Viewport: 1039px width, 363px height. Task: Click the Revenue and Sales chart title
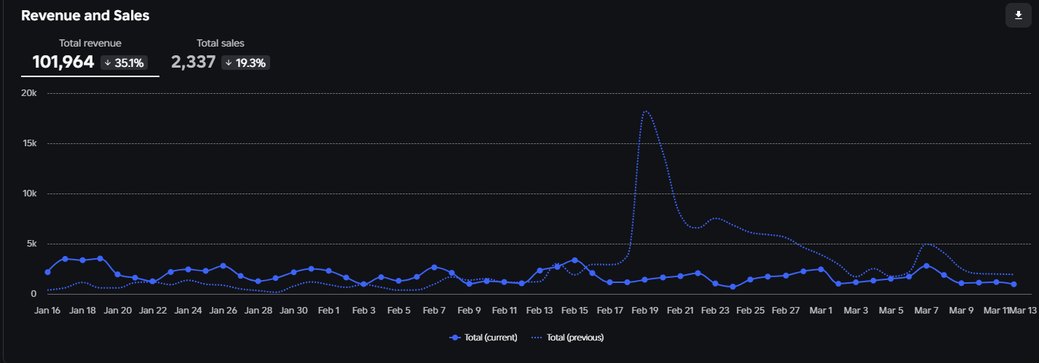click(85, 15)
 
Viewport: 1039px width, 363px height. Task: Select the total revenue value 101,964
click(63, 63)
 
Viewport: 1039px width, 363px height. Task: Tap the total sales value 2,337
click(193, 63)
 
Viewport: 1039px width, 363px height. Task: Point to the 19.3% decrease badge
click(246, 63)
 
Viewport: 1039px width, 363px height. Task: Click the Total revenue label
click(90, 44)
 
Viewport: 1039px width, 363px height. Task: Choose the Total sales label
click(220, 44)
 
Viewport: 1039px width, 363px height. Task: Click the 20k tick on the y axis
click(29, 93)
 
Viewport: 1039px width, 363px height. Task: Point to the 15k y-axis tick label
click(29, 143)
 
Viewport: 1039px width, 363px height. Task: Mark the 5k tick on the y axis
click(31, 244)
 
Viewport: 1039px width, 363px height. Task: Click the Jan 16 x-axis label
click(47, 311)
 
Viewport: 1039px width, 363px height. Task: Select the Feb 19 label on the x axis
click(645, 311)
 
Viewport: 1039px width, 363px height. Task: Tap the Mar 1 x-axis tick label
click(821, 311)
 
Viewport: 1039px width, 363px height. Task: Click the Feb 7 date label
click(434, 311)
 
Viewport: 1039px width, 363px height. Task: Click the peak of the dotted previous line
click(646, 111)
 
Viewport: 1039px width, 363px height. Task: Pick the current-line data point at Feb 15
click(574, 260)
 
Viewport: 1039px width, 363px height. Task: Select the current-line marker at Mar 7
click(926, 266)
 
